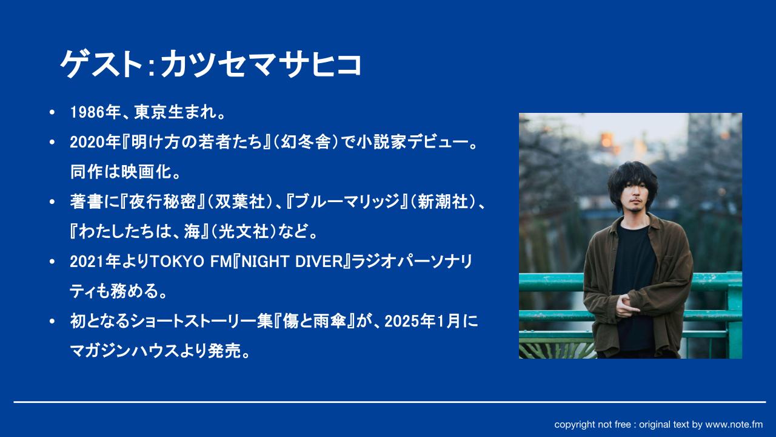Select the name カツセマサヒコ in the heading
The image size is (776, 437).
[x=261, y=64]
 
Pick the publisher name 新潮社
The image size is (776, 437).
[x=443, y=202]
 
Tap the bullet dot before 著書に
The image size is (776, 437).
[x=52, y=202]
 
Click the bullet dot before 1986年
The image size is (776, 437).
[x=52, y=112]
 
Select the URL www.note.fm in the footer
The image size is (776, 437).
[x=734, y=424]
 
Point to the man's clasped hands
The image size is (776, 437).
[x=626, y=305]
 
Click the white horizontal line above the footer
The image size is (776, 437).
[x=390, y=402]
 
